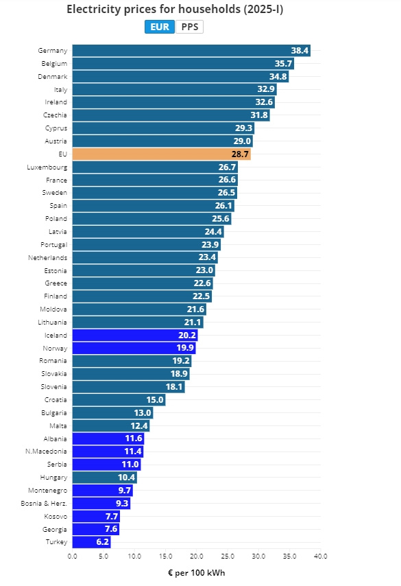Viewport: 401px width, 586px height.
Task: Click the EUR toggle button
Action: [x=160, y=27]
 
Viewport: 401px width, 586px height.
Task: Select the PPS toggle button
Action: [x=190, y=27]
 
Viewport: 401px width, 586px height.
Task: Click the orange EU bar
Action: [x=161, y=154]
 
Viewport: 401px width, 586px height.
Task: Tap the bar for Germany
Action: [x=191, y=51]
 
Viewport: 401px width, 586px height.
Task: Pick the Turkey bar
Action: [x=91, y=542]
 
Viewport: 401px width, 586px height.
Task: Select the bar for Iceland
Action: [x=135, y=336]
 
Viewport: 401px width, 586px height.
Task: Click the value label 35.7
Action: [x=283, y=64]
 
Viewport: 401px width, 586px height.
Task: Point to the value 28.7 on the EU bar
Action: [x=240, y=154]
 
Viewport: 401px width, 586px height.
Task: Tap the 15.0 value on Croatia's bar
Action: [x=155, y=400]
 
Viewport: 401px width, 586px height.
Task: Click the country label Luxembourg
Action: [x=47, y=167]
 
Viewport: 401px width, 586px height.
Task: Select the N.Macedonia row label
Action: [x=46, y=452]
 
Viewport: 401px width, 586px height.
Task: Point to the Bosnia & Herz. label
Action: [x=44, y=504]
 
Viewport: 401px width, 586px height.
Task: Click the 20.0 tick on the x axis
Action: [x=197, y=556]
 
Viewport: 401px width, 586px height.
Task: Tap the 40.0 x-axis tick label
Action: [x=320, y=556]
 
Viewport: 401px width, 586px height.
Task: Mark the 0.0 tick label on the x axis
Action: [x=73, y=556]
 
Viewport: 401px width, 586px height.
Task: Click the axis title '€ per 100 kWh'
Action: [x=197, y=573]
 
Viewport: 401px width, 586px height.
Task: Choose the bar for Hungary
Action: [x=105, y=478]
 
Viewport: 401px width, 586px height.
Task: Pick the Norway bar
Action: [x=134, y=348]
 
